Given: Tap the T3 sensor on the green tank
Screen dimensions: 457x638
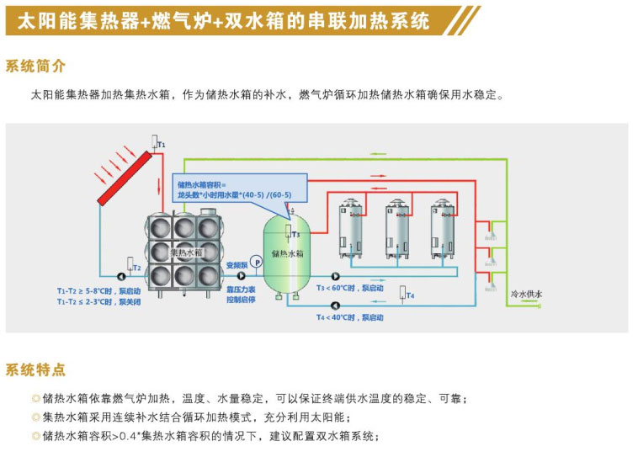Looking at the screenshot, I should coord(295,235).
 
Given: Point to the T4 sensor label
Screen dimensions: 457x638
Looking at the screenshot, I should coord(409,295).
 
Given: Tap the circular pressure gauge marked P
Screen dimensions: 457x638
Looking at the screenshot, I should coord(257,263).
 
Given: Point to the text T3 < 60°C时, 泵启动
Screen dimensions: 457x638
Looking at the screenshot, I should coord(350,288).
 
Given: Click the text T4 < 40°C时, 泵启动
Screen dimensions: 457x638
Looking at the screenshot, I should coord(350,317).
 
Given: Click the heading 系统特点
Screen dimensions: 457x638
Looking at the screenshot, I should coord(35,369).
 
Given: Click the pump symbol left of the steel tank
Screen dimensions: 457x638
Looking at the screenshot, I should coord(120,274).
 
